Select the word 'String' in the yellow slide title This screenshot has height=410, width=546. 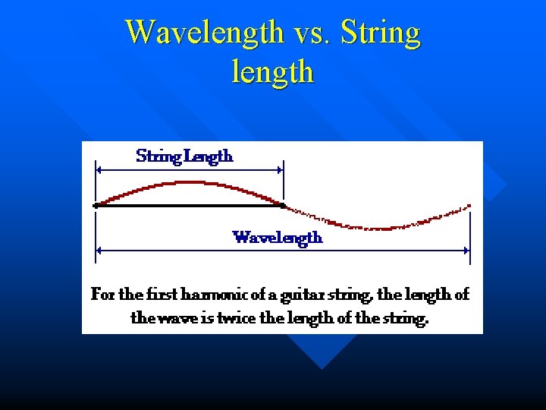(x=381, y=33)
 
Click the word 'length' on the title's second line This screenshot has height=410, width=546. (x=272, y=72)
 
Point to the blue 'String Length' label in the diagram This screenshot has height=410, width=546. (x=184, y=156)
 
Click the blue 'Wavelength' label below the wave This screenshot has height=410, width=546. (x=278, y=238)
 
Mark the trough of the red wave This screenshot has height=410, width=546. (x=378, y=228)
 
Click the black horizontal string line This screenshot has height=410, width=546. (x=190, y=205)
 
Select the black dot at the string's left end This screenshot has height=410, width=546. (x=96, y=205)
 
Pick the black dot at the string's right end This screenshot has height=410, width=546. (x=283, y=205)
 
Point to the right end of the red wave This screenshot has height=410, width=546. (x=469, y=205)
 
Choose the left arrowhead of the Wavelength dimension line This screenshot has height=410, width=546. (x=99, y=249)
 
